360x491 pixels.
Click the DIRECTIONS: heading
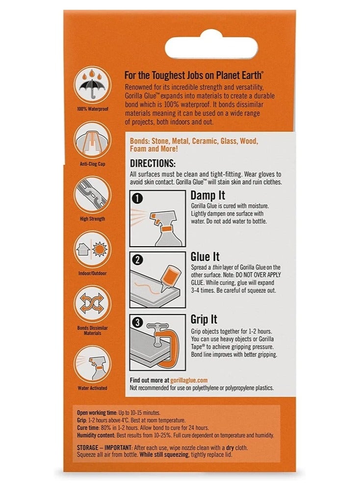153,163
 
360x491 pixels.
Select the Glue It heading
205,257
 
